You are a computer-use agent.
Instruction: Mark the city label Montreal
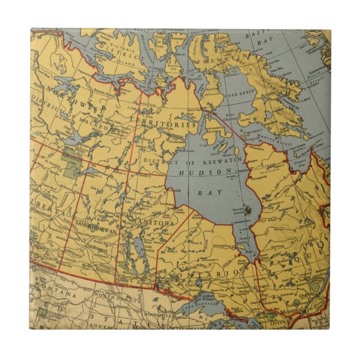tap(294, 311)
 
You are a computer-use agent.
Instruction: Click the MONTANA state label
tap(55, 294)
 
